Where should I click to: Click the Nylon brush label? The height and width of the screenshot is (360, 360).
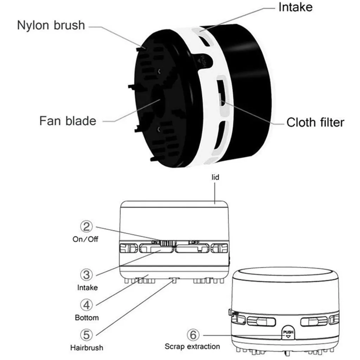51,25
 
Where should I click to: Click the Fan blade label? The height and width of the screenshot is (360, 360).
67,121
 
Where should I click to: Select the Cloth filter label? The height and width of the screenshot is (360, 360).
315,122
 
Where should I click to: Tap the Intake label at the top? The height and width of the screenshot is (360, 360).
295,7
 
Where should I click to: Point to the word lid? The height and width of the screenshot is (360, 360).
216,178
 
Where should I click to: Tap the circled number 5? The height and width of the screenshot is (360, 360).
87,334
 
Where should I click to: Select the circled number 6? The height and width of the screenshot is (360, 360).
193,335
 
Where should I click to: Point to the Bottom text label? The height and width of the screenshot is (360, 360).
87,318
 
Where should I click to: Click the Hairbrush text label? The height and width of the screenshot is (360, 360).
86,348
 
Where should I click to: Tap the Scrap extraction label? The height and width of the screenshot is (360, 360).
192,347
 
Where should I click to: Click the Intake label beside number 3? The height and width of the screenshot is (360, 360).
88,288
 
